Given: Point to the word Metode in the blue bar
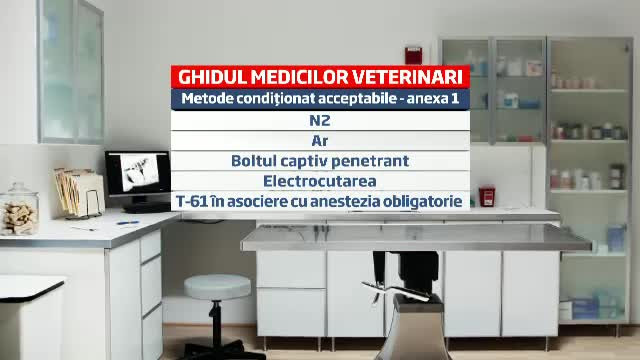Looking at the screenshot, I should [x=211, y=99].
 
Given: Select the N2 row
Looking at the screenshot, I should [x=320, y=120].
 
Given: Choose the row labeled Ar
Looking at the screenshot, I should [x=320, y=141].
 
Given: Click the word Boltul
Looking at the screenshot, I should [x=255, y=161].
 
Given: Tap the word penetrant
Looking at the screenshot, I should [x=371, y=161].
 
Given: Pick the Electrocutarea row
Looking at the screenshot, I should [x=320, y=181].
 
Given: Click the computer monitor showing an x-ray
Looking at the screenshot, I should [x=137, y=177].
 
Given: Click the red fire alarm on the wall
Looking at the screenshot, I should [x=412, y=53].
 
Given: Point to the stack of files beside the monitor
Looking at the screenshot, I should [x=79, y=192].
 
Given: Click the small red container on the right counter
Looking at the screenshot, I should [x=487, y=195].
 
